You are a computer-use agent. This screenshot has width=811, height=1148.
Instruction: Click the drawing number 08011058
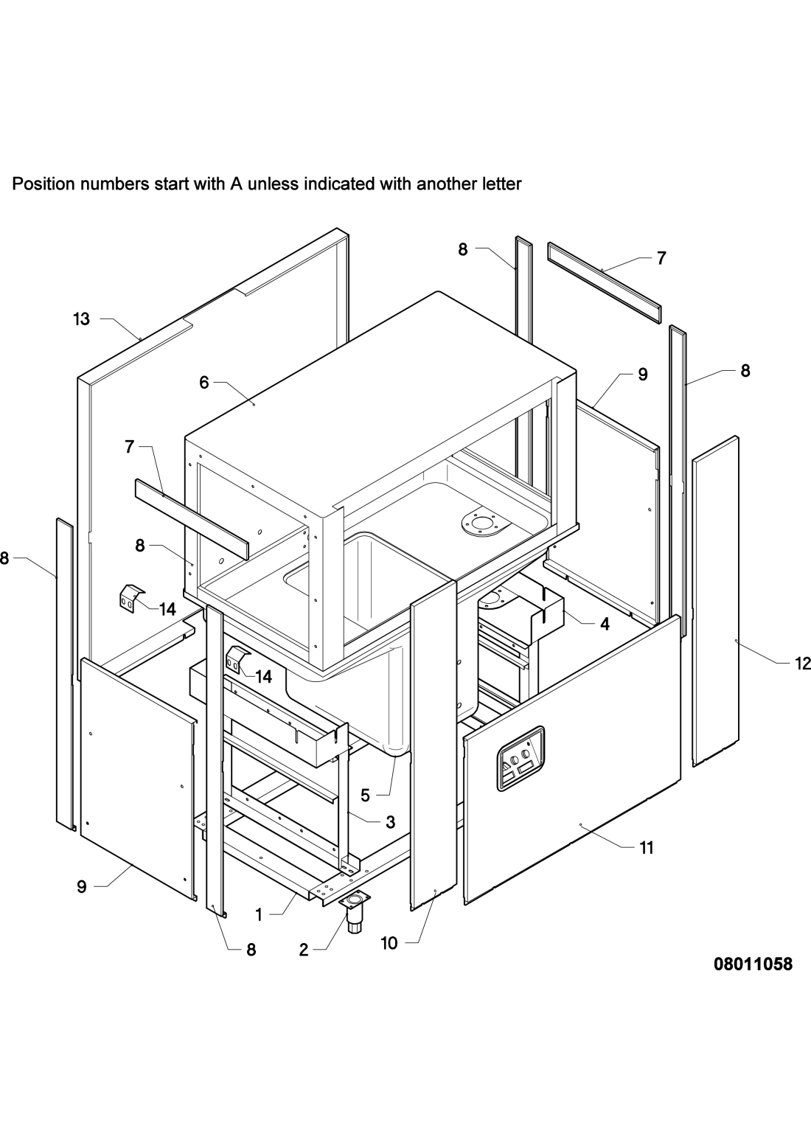(x=752, y=964)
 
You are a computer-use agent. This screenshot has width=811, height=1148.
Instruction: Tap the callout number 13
(x=81, y=319)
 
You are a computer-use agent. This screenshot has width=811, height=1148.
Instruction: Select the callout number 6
(x=203, y=382)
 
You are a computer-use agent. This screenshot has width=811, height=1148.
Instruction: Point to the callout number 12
(x=801, y=664)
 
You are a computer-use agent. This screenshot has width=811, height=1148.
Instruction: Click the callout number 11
(x=646, y=849)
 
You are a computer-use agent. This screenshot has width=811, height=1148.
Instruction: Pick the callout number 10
(x=389, y=943)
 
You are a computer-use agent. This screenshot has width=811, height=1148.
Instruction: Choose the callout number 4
(x=605, y=624)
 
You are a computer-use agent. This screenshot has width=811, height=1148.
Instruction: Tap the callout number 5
(x=365, y=796)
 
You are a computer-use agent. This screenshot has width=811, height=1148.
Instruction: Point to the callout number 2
(x=304, y=950)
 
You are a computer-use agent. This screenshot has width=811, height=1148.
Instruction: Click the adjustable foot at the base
(x=355, y=913)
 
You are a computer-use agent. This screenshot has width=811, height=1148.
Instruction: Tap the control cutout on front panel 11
(x=521, y=758)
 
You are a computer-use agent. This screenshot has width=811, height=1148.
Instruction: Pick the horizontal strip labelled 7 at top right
(x=603, y=273)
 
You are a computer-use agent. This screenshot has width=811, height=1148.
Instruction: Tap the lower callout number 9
(x=82, y=887)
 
